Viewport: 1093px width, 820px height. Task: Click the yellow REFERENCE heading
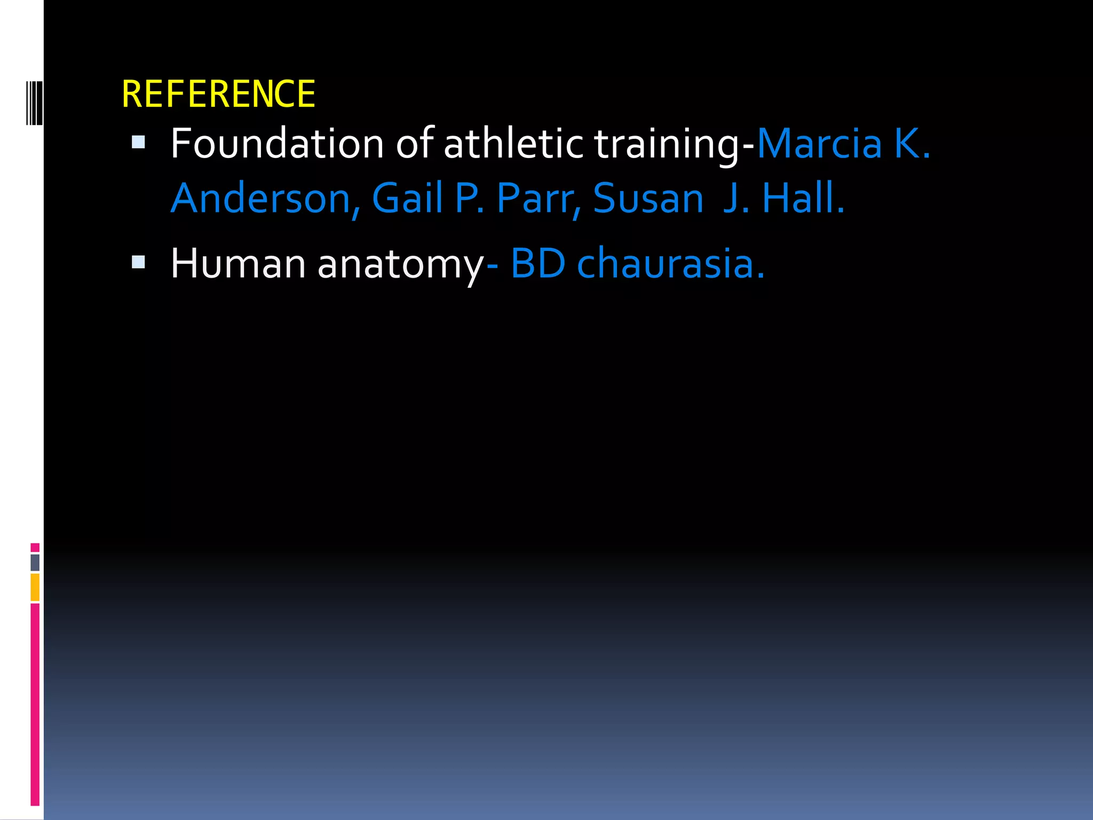coord(218,94)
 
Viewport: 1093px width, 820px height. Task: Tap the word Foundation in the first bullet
coord(277,144)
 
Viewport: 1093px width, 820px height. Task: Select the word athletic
coord(513,144)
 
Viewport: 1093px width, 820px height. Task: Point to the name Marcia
coord(819,144)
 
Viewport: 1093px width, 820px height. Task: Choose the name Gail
coord(407,199)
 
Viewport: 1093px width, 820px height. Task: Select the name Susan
coord(648,199)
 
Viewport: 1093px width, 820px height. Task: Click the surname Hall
coord(802,199)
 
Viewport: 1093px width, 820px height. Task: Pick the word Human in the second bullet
coord(238,264)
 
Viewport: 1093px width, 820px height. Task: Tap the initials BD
coord(537,264)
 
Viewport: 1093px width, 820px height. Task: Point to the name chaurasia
coord(670,264)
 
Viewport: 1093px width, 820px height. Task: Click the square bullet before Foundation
coord(138,142)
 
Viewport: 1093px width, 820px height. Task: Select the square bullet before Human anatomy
coord(138,262)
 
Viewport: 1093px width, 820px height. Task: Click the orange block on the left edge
coord(35,587)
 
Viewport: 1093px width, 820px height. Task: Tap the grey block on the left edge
coord(35,563)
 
